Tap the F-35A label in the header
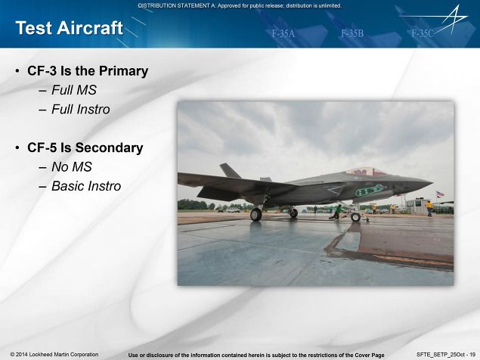tap(283, 33)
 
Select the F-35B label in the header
tap(352, 33)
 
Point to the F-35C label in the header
tap(423, 33)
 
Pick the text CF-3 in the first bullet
tap(42, 71)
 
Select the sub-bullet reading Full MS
tap(74, 90)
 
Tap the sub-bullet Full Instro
tap(81, 110)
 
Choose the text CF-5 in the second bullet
tap(42, 147)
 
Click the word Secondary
tap(109, 148)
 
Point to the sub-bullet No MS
tap(72, 167)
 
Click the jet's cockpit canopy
tap(366, 172)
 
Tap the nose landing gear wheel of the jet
tap(355, 217)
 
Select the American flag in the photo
tap(440, 194)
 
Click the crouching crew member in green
tap(336, 212)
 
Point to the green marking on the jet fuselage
tap(369, 191)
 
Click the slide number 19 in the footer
tap(472, 355)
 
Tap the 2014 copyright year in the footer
tap(21, 355)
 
